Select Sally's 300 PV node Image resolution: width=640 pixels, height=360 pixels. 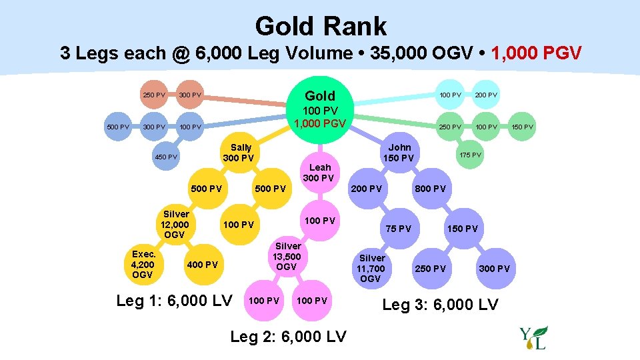tap(239, 153)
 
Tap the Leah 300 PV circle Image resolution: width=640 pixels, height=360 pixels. tap(318, 173)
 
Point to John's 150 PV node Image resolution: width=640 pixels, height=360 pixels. tap(399, 153)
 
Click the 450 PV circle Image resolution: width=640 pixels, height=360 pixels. tap(165, 157)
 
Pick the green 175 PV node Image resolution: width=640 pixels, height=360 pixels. tap(471, 155)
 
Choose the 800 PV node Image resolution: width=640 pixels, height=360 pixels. tap(430, 189)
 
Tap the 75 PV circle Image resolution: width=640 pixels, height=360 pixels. tap(399, 229)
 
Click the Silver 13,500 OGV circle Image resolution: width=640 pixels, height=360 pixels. tap(287, 257)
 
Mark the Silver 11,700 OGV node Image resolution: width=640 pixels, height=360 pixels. tap(371, 268)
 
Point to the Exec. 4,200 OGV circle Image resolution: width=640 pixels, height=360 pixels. tap(143, 265)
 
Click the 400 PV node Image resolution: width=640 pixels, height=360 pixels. tap(202, 265)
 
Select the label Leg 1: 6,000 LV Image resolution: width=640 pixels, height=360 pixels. tap(174, 301)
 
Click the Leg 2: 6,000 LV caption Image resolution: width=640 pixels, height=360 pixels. tap(288, 337)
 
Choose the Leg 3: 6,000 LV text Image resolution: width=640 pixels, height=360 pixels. tap(439, 305)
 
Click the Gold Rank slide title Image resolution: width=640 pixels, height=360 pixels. tap(320, 27)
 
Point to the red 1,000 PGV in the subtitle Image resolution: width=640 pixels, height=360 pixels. tap(536, 53)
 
